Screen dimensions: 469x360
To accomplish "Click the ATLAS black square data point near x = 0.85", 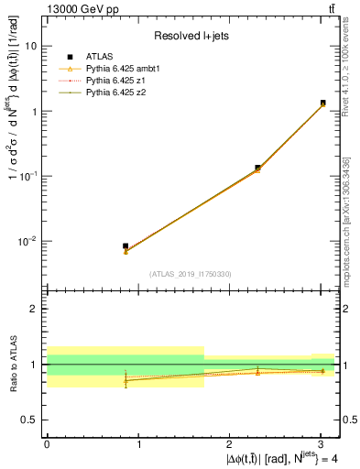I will (125, 246).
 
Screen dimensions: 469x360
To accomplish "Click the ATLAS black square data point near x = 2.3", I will (257, 168).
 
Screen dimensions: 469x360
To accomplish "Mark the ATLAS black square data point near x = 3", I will (323, 103).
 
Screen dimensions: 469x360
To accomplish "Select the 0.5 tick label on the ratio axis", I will (30, 420).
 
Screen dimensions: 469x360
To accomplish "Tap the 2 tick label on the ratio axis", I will (35, 309).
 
